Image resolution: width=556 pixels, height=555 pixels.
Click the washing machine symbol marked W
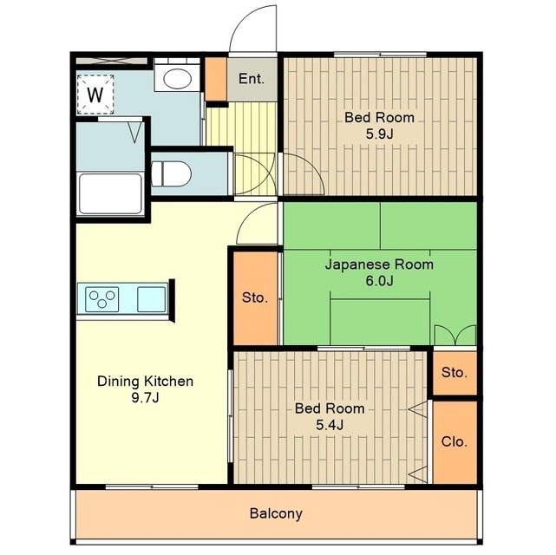(x=95, y=95)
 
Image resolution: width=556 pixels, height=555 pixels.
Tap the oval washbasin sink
(x=176, y=78)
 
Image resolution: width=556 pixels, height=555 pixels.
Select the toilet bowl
(x=171, y=174)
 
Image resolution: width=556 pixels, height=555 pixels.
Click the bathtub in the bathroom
(x=110, y=193)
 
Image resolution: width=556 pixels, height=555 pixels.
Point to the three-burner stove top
(x=101, y=299)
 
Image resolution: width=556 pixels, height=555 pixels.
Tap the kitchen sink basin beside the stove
(x=152, y=299)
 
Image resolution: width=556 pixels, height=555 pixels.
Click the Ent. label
(x=252, y=79)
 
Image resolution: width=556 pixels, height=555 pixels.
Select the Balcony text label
(x=276, y=513)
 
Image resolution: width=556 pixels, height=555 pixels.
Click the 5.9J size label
(x=380, y=134)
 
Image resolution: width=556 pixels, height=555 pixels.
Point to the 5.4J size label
(x=330, y=425)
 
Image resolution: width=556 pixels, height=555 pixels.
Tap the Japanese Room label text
(x=379, y=264)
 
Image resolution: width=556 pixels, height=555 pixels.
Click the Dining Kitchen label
(x=146, y=382)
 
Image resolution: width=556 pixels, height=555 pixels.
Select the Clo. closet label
(x=455, y=442)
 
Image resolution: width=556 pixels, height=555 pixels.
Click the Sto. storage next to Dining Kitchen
(x=255, y=297)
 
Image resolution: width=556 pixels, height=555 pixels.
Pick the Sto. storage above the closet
(x=455, y=373)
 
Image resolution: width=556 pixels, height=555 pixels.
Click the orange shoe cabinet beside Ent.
(x=216, y=79)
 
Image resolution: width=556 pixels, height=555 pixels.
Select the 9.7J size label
(x=146, y=398)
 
